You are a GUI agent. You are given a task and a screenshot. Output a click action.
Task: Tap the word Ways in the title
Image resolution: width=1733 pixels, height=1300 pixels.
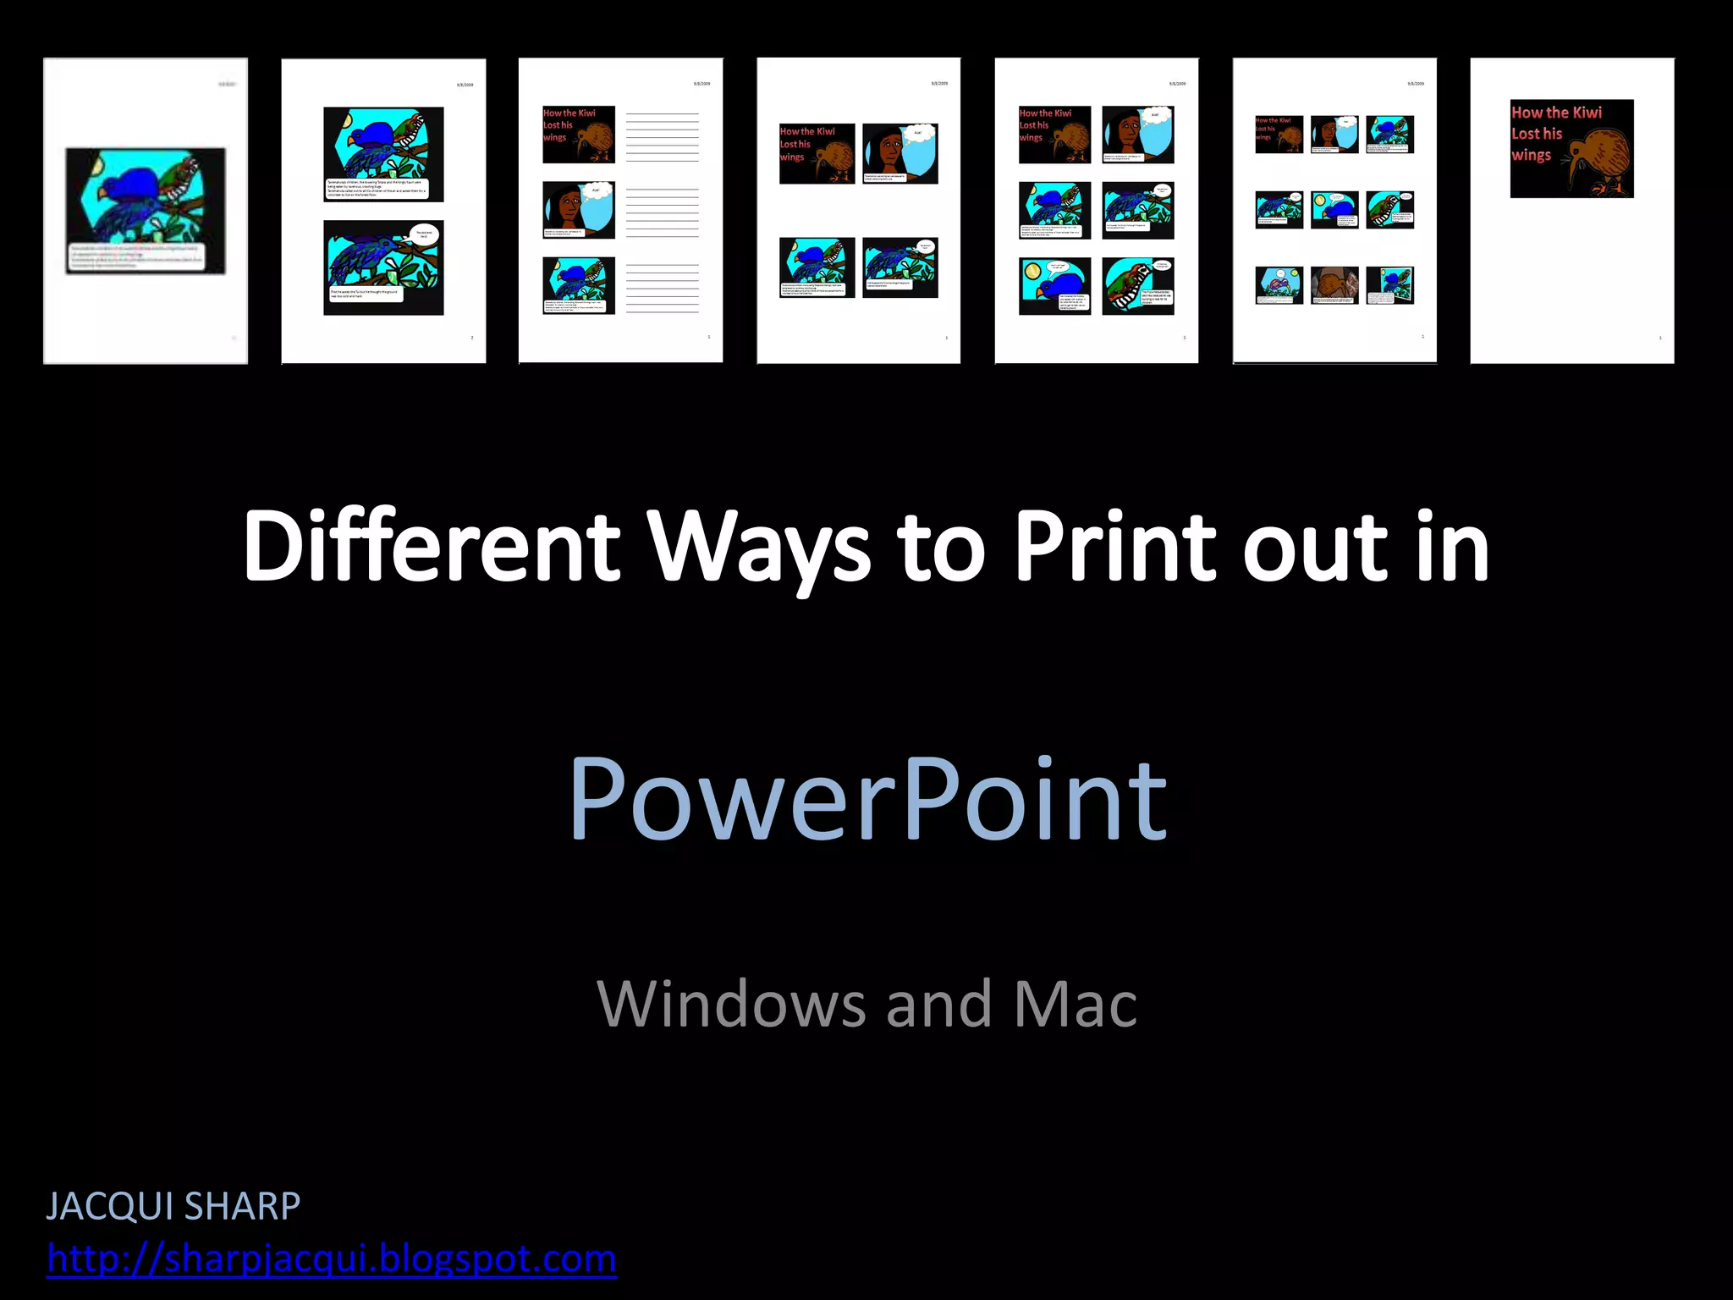point(759,548)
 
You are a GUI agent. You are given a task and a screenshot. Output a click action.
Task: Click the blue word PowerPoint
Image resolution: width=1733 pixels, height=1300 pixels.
point(867,799)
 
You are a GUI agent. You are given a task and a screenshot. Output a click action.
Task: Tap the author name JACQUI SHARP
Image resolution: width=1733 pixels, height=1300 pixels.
point(173,1206)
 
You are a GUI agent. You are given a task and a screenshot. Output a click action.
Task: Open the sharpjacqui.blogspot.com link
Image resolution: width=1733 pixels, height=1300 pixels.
point(332,1259)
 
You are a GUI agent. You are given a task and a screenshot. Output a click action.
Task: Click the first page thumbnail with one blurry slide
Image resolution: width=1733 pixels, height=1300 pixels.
point(146,211)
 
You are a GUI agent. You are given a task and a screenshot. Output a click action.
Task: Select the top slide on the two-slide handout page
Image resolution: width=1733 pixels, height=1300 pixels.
point(383,154)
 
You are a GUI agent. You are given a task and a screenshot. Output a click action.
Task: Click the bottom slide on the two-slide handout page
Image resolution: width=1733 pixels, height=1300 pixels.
point(383,267)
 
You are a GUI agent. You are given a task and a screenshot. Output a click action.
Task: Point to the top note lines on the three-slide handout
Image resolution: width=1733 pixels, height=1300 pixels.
point(662,136)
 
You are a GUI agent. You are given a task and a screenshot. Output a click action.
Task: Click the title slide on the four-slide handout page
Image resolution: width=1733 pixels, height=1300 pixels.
point(817,153)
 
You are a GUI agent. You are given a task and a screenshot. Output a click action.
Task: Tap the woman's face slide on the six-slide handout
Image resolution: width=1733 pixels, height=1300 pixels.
point(1138,135)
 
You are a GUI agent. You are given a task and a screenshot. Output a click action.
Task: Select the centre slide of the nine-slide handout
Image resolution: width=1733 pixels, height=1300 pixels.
point(1334,210)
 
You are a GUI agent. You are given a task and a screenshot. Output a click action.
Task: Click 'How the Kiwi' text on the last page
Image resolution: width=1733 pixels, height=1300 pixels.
point(1556,113)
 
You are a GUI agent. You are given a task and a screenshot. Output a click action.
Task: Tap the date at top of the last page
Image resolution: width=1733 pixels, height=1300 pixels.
point(1653,84)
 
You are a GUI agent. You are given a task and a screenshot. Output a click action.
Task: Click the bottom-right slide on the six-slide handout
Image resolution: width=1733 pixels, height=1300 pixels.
point(1138,286)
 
